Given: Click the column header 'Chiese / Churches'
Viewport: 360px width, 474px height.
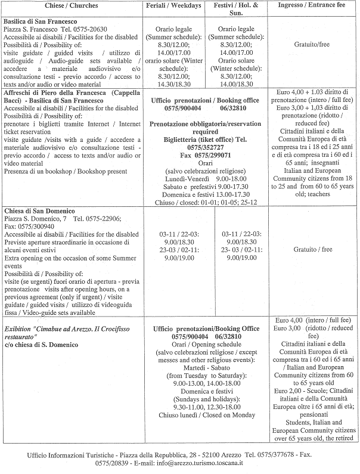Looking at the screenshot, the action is [x=72, y=5].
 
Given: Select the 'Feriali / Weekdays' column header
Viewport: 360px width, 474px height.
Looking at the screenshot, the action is [x=173, y=5].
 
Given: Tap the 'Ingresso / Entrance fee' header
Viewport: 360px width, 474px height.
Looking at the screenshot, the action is [x=311, y=5].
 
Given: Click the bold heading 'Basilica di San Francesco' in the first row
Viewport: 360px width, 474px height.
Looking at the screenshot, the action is [x=40, y=21].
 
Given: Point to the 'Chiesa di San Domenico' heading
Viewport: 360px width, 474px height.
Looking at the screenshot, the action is [x=39, y=210].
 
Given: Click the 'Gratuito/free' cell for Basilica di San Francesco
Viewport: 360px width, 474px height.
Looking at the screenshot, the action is [x=312, y=44].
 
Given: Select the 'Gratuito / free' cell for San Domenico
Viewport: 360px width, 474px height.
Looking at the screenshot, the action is [x=312, y=249].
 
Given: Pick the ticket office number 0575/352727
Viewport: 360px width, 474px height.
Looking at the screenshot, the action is [x=205, y=147].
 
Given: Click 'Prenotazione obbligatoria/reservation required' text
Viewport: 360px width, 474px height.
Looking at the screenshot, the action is [x=205, y=128].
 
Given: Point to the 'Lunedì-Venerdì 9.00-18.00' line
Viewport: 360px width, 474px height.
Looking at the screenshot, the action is [x=206, y=179].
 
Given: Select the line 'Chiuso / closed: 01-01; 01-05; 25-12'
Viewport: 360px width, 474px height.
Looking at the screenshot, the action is [x=206, y=202].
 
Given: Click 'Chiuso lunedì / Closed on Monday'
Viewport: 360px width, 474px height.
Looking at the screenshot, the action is [x=207, y=415].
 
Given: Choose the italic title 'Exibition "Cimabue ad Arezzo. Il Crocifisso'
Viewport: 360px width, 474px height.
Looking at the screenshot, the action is [x=67, y=329].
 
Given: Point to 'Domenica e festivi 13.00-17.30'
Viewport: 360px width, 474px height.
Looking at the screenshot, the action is [x=206, y=194].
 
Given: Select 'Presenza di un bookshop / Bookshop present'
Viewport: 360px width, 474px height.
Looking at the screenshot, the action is [x=66, y=171].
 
